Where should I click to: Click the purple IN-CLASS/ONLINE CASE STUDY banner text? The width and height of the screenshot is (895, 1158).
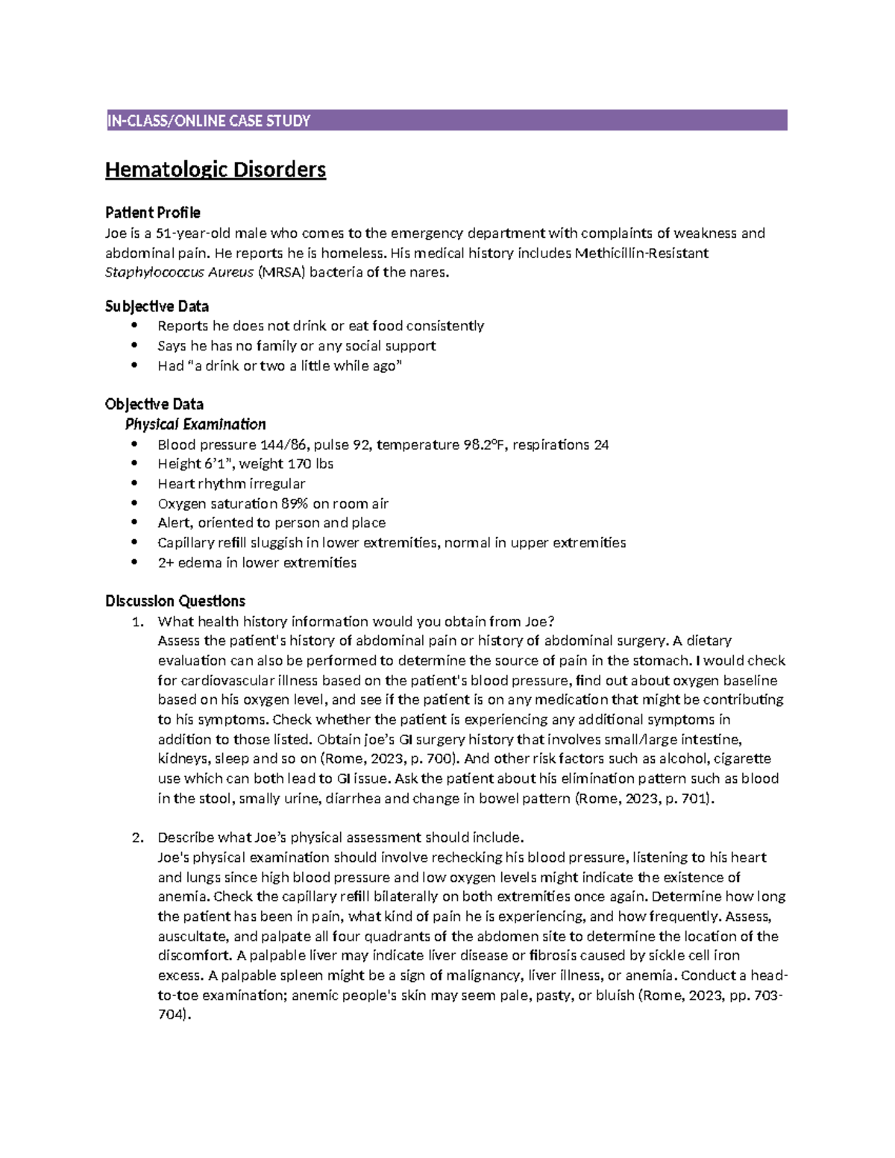tap(209, 121)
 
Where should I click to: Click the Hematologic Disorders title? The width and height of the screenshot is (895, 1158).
tap(216, 170)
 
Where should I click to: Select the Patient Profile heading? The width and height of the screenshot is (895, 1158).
tap(153, 213)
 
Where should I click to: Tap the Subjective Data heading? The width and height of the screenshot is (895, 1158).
tap(157, 306)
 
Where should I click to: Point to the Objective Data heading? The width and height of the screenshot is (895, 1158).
tap(154, 404)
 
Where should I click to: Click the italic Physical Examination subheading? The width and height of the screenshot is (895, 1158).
tap(195, 424)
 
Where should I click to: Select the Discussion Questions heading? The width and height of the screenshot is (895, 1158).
tap(175, 601)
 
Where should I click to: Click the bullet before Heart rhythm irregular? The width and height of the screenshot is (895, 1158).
tap(134, 484)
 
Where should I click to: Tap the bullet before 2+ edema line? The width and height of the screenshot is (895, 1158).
tap(134, 563)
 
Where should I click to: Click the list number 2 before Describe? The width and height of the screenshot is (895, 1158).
tap(136, 837)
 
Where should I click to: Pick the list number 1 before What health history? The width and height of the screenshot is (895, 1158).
tap(136, 622)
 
